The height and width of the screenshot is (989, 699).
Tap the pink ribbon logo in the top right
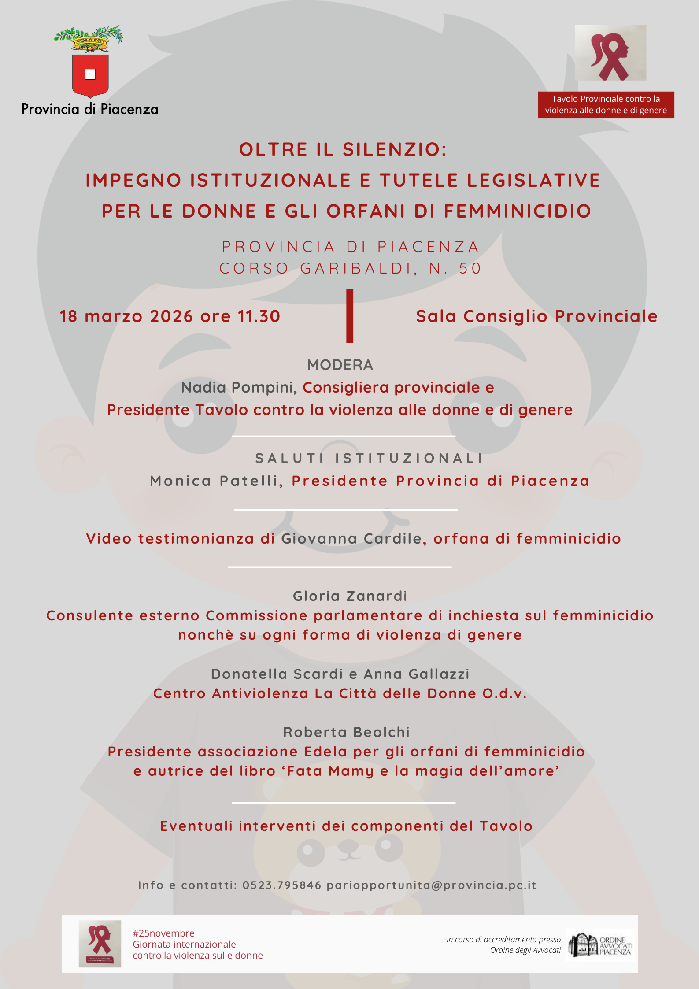(610, 53)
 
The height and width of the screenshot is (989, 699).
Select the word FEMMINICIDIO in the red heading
(518, 211)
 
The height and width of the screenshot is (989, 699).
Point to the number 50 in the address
(470, 268)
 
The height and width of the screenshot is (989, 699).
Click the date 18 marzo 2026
(126, 316)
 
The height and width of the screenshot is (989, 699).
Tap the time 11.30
(259, 316)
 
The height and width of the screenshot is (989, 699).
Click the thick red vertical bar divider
(350, 316)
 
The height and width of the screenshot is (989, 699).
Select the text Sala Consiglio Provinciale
(536, 316)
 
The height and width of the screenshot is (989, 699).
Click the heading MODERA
(340, 365)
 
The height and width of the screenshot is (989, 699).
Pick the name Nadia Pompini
(238, 387)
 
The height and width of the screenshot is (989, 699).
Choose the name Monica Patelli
(215, 481)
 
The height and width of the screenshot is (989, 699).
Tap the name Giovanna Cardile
(351, 538)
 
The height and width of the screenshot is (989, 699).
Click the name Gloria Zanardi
(350, 596)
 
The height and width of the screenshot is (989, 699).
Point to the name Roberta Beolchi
(346, 732)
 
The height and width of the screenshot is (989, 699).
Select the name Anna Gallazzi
(417, 674)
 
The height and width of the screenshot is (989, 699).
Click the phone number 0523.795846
(282, 885)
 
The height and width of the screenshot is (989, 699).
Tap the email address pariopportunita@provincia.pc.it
(432, 885)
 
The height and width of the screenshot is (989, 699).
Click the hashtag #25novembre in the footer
(163, 933)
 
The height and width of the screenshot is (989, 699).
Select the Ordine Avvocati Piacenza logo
(601, 945)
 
